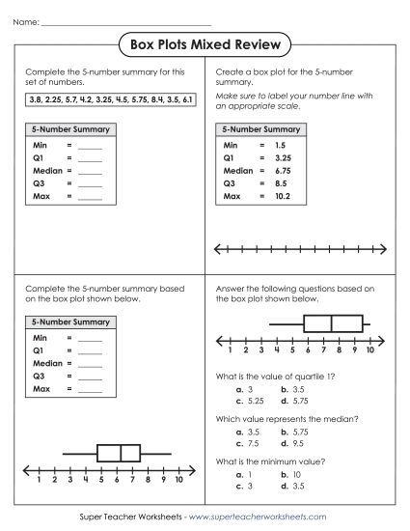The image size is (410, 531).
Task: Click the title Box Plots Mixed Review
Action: pos(205,43)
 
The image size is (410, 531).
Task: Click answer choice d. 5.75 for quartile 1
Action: pos(291,399)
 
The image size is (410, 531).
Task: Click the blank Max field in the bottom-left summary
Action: pos(90,390)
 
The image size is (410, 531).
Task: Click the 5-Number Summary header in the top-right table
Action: pos(260,127)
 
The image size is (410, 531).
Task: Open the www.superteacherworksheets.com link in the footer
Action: pos(272,517)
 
